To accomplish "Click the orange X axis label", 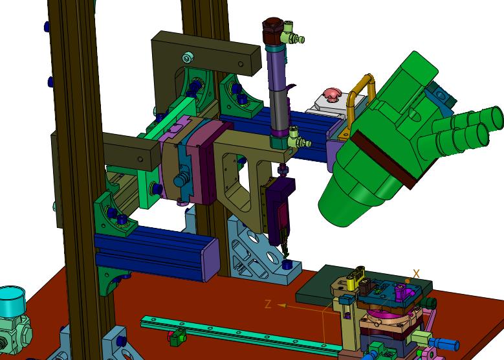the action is [416, 274].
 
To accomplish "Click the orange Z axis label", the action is [268, 304].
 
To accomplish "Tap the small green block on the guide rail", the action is [178, 339].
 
